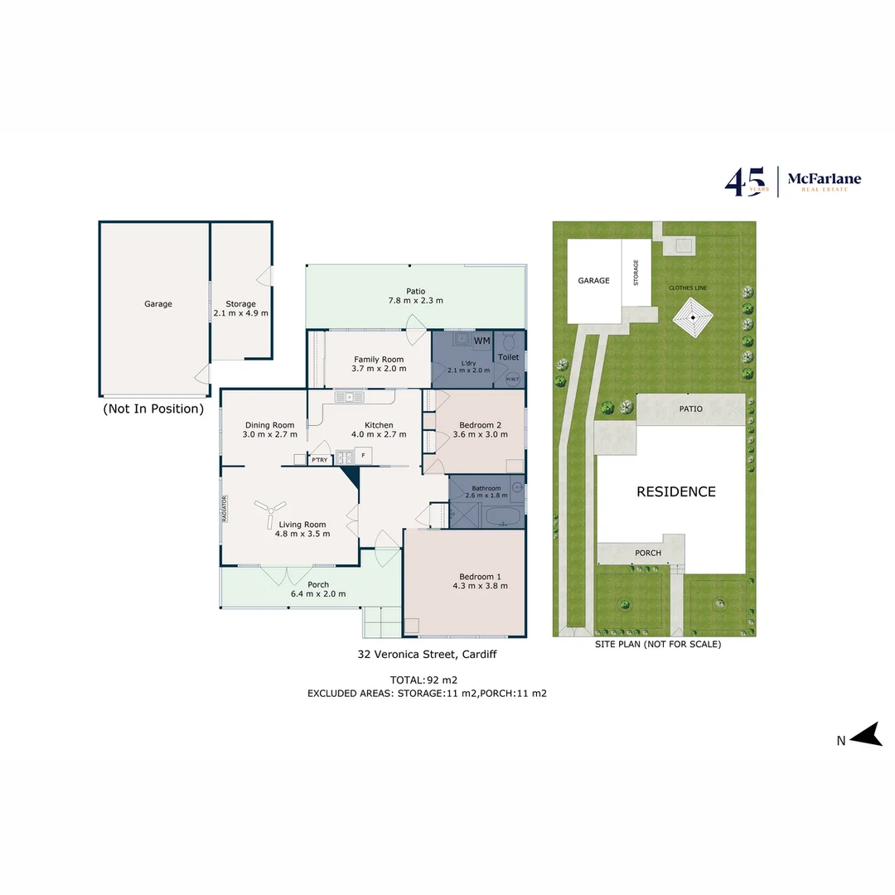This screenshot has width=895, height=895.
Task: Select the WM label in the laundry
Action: click(481, 341)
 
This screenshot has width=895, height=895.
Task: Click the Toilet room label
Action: click(508, 357)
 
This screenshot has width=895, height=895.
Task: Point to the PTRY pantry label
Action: click(319, 459)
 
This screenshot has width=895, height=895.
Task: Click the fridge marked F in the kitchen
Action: click(363, 455)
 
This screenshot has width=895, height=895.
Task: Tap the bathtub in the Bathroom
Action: click(502, 518)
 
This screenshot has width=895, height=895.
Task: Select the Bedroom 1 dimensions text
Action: click(481, 586)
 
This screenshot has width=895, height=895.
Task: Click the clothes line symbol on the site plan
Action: click(692, 316)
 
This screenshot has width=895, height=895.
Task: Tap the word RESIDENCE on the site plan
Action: click(675, 491)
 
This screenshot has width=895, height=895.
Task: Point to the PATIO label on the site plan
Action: click(690, 409)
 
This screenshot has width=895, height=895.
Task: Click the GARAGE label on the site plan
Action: click(593, 281)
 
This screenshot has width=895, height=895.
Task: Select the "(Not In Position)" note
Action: click(153, 409)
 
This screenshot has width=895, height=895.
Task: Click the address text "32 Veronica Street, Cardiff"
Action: click(427, 654)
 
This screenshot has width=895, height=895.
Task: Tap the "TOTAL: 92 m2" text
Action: click(426, 679)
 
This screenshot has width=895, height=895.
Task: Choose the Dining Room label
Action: click(269, 425)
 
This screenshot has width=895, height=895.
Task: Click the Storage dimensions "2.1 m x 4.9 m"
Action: click(241, 313)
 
